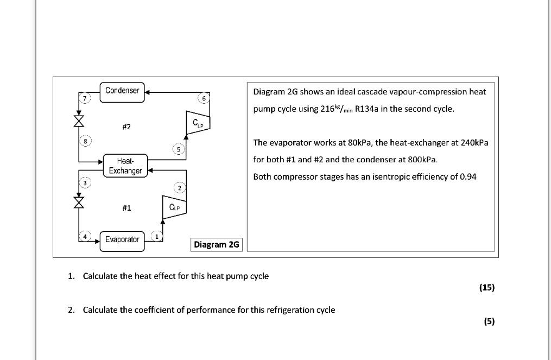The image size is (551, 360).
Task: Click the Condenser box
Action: [x=122, y=91]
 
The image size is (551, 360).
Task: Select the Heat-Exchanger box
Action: [x=125, y=166]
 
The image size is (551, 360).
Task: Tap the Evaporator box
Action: [x=122, y=240]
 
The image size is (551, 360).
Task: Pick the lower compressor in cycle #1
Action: [x=174, y=207]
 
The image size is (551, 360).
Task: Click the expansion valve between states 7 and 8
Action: [x=79, y=121]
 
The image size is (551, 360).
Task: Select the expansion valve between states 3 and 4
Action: [x=79, y=202]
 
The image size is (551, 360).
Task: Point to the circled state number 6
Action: [x=204, y=98]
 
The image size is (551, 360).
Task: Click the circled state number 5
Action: [x=179, y=149]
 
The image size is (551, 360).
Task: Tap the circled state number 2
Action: [x=180, y=188]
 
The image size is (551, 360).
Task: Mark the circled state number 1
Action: [x=157, y=236]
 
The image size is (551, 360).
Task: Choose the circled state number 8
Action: [x=85, y=141]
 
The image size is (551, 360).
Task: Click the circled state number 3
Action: [x=85, y=183]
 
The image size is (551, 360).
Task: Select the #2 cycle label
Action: [x=126, y=127]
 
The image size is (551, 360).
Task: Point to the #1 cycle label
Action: [x=126, y=207]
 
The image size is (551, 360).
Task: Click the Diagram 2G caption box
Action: [x=217, y=244]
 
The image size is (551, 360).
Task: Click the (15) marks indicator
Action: [x=487, y=288]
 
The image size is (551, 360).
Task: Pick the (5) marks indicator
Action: [x=489, y=321]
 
